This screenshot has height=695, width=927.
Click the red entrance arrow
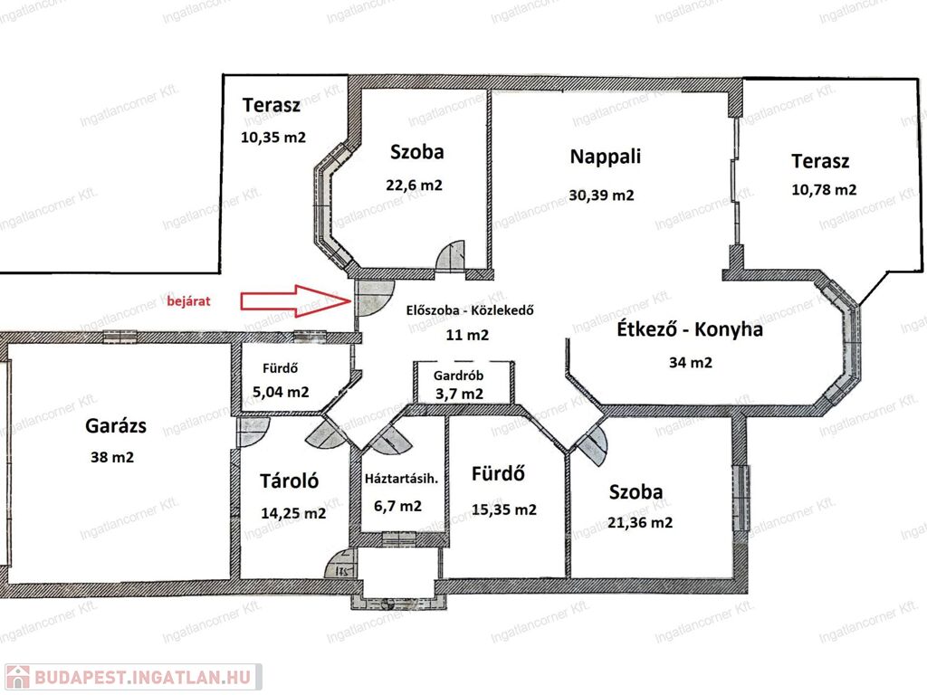pos(296,300)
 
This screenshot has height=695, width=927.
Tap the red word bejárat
pos(188,300)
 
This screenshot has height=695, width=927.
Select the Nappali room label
pos(605,157)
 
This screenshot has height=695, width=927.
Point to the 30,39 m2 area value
pos(601,195)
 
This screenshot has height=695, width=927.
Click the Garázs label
pos(116,425)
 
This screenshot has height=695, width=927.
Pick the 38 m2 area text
pos(111,457)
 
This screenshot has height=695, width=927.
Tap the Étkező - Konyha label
pos(690,329)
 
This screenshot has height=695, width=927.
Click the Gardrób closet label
pos(458,376)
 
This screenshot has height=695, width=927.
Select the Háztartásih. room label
pos(401,479)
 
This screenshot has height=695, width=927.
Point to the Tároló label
pos(289,481)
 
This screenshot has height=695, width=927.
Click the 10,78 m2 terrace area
pos(824,190)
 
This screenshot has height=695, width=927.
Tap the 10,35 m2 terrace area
pos(273,138)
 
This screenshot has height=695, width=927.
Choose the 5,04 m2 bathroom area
pos(281,392)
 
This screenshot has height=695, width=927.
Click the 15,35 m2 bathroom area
pos(503,509)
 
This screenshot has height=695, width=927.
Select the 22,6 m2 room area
pos(414,185)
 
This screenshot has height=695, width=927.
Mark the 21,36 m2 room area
pos(640,522)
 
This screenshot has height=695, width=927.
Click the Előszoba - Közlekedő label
pos(470,310)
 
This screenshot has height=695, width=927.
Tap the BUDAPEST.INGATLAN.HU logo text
pos(142,677)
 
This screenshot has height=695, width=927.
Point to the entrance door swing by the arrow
pos(374,297)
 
